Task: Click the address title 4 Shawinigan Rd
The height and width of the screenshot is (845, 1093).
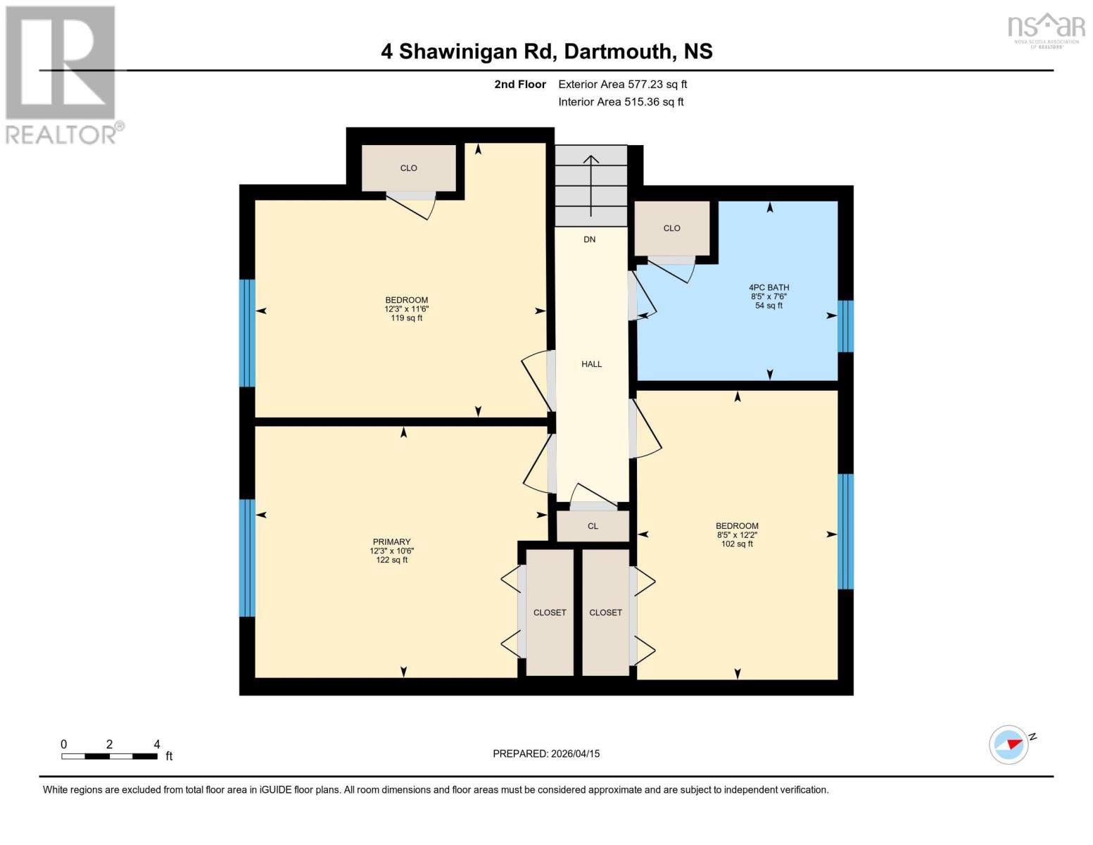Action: click(546, 51)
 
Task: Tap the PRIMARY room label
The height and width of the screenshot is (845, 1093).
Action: click(391, 542)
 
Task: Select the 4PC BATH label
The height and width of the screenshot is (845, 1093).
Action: click(769, 287)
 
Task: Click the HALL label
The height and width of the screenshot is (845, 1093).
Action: click(591, 364)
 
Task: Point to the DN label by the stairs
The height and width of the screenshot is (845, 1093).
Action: click(589, 239)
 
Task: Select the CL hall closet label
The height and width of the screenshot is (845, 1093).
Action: click(593, 526)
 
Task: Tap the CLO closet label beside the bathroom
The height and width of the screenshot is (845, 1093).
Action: click(671, 228)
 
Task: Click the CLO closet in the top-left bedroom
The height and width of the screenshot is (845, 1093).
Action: click(408, 168)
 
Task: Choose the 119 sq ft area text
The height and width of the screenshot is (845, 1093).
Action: click(406, 318)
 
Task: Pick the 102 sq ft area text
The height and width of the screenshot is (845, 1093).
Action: click(737, 544)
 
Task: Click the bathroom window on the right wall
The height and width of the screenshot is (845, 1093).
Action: click(845, 326)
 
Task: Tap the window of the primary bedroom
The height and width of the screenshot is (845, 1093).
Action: click(246, 558)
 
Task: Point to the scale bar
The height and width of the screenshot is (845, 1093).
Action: click(109, 756)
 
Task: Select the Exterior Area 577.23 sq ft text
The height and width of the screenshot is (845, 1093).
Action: click(622, 84)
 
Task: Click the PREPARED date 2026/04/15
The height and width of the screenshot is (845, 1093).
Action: click(546, 753)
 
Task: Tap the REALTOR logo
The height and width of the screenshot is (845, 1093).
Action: click(62, 74)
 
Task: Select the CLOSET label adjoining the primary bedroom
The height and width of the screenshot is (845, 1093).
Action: click(549, 613)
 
